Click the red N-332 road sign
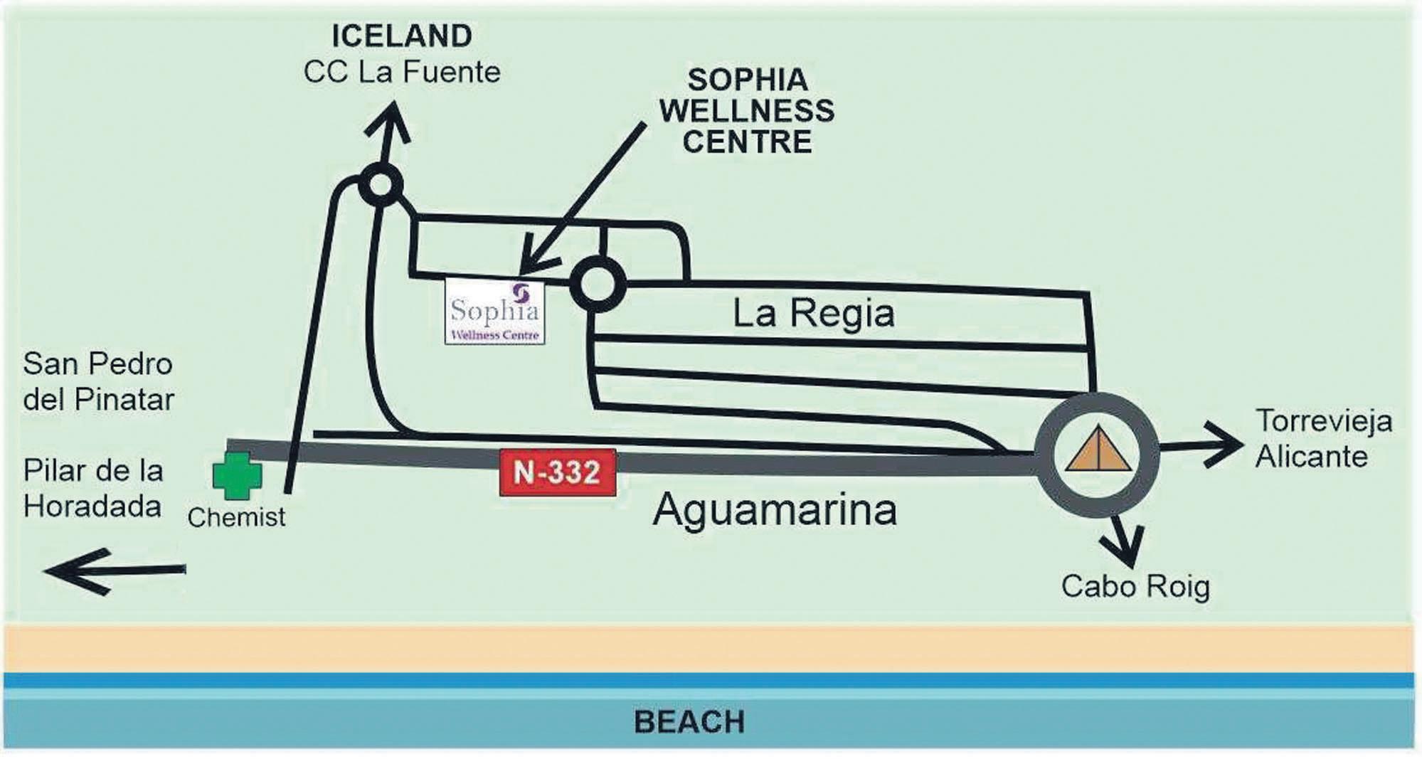pyautogui.click(x=558, y=472)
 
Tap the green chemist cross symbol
pyautogui.click(x=237, y=476)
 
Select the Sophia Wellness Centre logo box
pyautogui.click(x=495, y=312)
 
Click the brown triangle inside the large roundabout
pyautogui.click(x=1098, y=450)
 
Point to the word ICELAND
pyautogui.click(x=402, y=36)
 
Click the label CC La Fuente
pyautogui.click(x=402, y=73)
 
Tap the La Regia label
pyautogui.click(x=813, y=314)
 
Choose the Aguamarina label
pyautogui.click(x=775, y=510)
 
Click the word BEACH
pyautogui.click(x=689, y=722)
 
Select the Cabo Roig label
pyautogui.click(x=1135, y=587)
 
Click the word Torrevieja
pyautogui.click(x=1323, y=420)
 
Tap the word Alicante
pyautogui.click(x=1311, y=457)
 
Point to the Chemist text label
pyautogui.click(x=236, y=517)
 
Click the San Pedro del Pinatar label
pyautogui.click(x=98, y=382)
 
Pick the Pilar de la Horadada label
pyautogui.click(x=93, y=489)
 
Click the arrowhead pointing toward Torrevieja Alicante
pyautogui.click(x=1226, y=445)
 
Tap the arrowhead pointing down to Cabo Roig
pyautogui.click(x=1125, y=548)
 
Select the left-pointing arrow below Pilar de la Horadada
pyautogui.click(x=114, y=570)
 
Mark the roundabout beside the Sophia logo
pyautogui.click(x=598, y=285)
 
